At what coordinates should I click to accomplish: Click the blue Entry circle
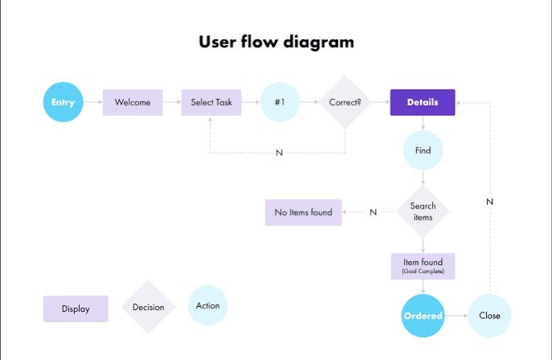pos(63,102)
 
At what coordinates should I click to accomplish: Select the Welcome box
pos(133,102)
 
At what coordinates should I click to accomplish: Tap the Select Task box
pos(211,102)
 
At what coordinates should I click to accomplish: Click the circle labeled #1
pos(281,102)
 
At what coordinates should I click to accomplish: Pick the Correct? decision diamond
pos(344,102)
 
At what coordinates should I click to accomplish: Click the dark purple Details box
pos(422,102)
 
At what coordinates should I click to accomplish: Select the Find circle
pos(422,150)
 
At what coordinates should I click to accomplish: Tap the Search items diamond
pos(422,212)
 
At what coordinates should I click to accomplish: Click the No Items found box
pos(303,212)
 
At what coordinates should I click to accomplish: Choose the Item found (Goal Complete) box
pos(422,266)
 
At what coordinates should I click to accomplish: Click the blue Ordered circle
pos(422,316)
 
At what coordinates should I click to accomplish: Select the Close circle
pos(489,316)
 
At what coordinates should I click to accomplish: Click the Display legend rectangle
pos(76,308)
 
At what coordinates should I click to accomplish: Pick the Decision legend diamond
pos(148,307)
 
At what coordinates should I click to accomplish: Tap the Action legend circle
pos(208,305)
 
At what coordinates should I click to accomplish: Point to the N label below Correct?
pos(279,153)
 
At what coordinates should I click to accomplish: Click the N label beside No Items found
pos(373,212)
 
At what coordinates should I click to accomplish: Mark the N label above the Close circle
pos(489,202)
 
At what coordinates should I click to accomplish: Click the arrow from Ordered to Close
pos(457,316)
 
